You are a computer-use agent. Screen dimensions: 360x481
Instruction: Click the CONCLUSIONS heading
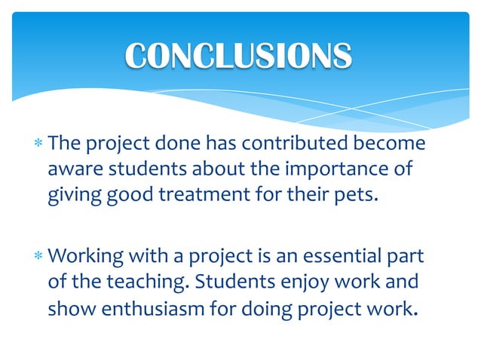click(238, 55)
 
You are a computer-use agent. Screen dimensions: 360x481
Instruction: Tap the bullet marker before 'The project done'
click(38, 144)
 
